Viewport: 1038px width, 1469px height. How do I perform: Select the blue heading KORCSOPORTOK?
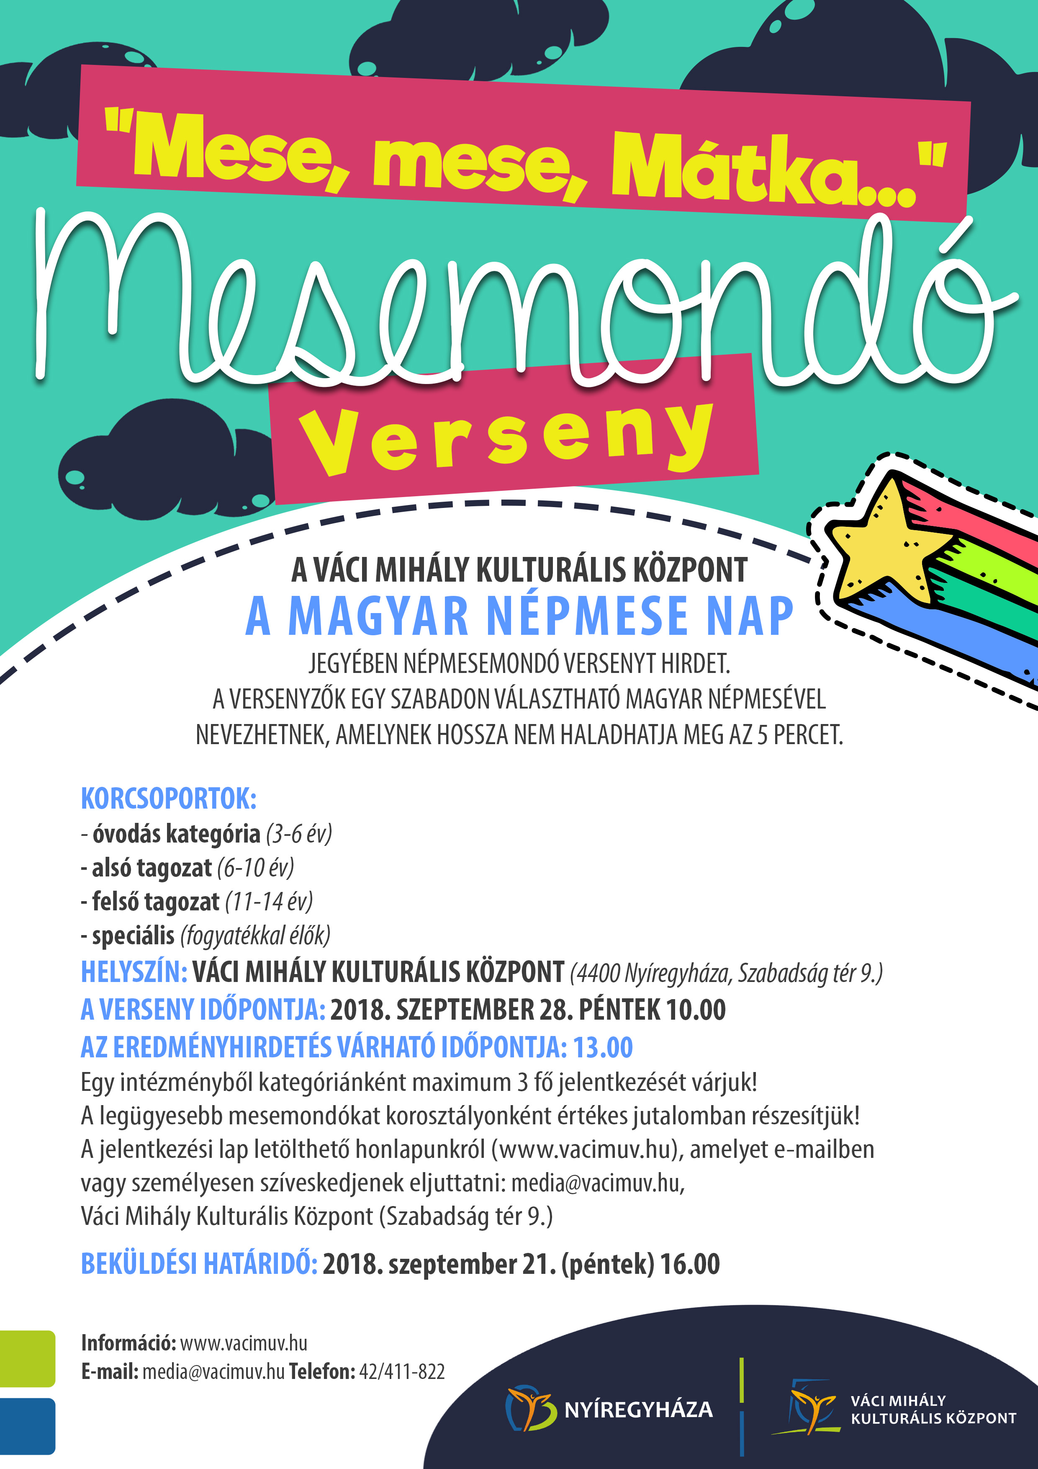pyautogui.click(x=168, y=799)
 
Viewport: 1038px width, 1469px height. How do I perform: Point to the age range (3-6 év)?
pyautogui.click(x=299, y=834)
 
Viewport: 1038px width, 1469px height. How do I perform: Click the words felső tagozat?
pyautogui.click(x=155, y=902)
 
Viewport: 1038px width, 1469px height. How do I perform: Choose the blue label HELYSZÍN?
pyautogui.click(x=133, y=972)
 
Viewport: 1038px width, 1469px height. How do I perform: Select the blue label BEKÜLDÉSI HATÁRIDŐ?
pyautogui.click(x=198, y=1264)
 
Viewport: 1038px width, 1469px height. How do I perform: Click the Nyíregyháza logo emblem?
pyautogui.click(x=529, y=1408)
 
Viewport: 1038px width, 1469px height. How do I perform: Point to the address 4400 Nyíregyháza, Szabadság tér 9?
pyautogui.click(x=725, y=973)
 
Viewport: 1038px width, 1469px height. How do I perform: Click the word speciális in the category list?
pyautogui.click(x=133, y=936)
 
